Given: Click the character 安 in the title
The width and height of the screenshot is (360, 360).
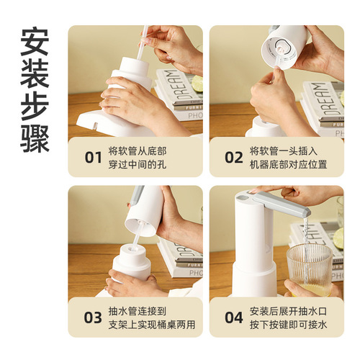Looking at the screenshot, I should point(35,45).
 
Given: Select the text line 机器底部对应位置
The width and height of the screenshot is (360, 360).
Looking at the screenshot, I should point(288,165).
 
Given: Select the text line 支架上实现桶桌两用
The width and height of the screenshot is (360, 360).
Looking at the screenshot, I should point(148,324).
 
